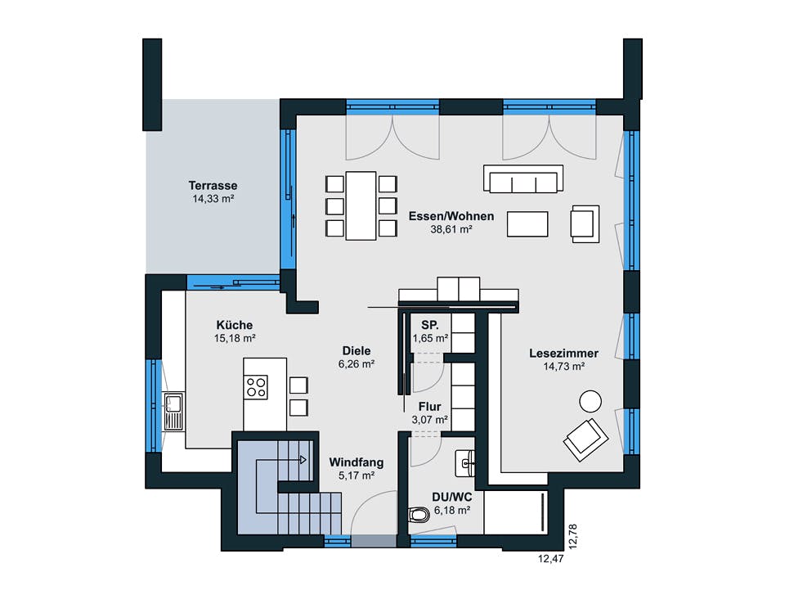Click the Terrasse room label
213,186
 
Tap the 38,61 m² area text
451,230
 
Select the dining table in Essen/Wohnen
361,205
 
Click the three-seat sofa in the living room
523,179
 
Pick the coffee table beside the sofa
527,223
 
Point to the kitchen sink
173,411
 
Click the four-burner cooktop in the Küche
256,386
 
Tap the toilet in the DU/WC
418,515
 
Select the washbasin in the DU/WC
467,463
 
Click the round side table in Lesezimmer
590,401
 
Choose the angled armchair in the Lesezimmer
585,439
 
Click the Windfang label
356,462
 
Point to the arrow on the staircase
303,460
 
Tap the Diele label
357,351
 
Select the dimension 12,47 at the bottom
550,561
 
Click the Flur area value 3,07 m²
429,420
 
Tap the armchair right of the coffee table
585,223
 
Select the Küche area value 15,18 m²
235,337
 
